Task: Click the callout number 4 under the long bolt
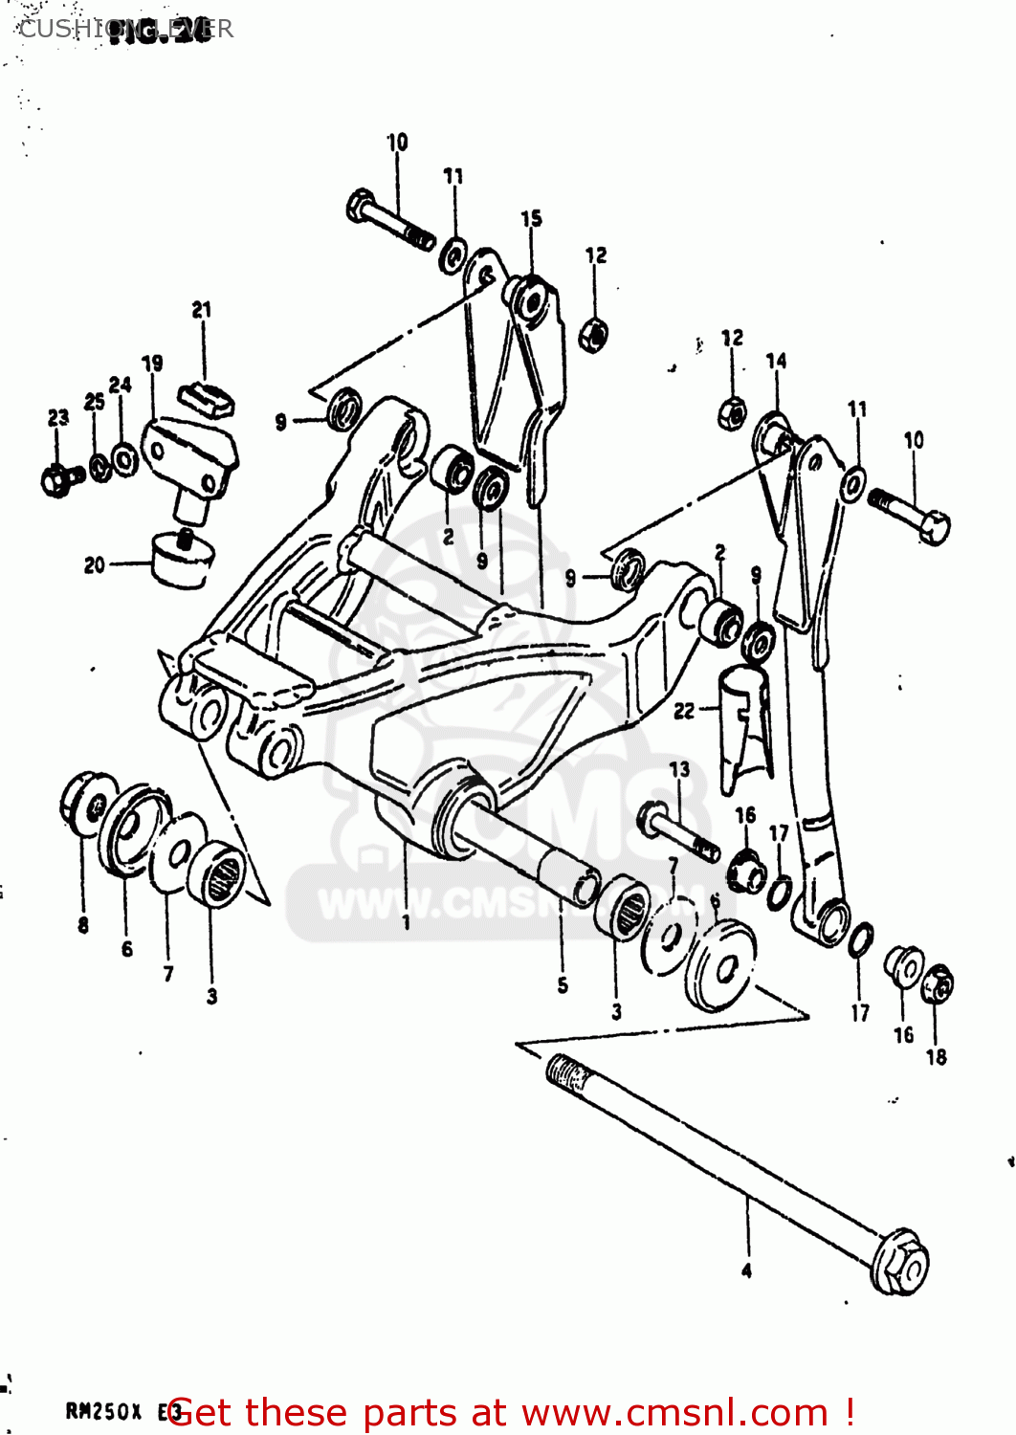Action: point(746,1270)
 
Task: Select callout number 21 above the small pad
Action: point(201,310)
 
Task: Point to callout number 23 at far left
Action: point(58,418)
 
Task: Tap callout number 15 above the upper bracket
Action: point(531,219)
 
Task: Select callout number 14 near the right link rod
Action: point(776,361)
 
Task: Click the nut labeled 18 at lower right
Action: point(938,984)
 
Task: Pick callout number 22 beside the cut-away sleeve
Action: point(684,711)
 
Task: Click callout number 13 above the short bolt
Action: point(679,769)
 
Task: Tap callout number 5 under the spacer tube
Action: point(563,984)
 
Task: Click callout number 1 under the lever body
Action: point(407,922)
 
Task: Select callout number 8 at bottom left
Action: point(83,924)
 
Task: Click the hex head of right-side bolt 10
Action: point(935,527)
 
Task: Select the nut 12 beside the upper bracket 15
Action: point(594,335)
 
